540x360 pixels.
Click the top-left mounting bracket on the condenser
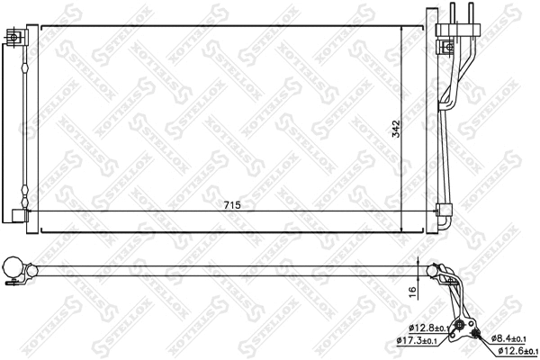(x=14, y=37)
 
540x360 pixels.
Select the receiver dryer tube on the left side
(x=20, y=126)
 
